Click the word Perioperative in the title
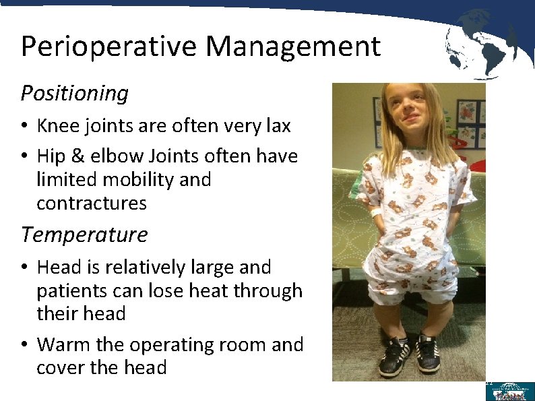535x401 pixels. pos(108,47)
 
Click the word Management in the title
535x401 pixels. pos(293,47)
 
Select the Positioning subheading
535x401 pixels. pos(75,93)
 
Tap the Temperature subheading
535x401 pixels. pos(84,235)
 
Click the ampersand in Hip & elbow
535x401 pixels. pos(75,156)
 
